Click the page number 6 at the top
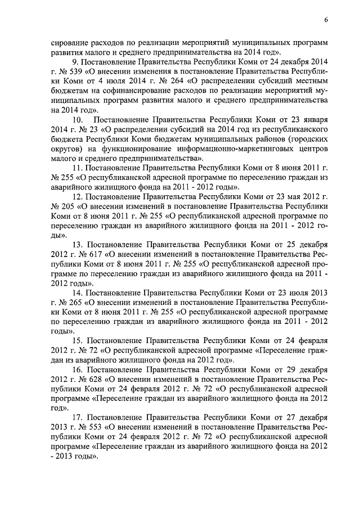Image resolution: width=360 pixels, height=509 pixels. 326,21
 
